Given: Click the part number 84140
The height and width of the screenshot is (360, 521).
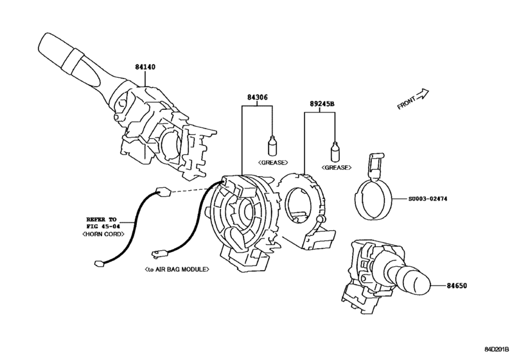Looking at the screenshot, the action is (x=145, y=67).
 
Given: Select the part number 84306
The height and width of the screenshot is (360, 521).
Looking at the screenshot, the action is (x=257, y=98).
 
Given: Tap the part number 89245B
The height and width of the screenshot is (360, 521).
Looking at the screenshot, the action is (x=322, y=104).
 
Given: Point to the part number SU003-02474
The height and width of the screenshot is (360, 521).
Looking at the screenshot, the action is (x=428, y=199).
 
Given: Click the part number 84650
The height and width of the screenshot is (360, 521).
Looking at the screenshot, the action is (x=457, y=285).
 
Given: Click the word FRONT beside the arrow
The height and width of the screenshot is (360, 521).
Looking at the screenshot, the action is (x=407, y=103).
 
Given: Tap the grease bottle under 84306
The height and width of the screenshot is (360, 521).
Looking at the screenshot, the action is (x=272, y=146).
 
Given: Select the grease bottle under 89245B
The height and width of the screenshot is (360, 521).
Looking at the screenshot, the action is (x=335, y=151).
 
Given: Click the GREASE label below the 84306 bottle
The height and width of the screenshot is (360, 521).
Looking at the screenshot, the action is (x=273, y=163).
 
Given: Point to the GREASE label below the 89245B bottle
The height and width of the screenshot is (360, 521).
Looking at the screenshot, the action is (x=336, y=168).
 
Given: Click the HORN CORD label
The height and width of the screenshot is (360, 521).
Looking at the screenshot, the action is (x=103, y=234).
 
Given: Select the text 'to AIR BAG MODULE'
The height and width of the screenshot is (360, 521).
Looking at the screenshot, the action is (x=177, y=269).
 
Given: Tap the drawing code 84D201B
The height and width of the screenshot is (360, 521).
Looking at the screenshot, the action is (x=497, y=349).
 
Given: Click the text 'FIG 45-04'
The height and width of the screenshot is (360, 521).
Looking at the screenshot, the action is (x=103, y=226).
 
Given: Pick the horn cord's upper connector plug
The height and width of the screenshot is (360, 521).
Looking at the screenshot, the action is (x=163, y=192).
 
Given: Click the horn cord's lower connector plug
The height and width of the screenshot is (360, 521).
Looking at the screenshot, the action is (x=100, y=264).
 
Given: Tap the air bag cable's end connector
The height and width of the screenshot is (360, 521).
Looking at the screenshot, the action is (x=157, y=254).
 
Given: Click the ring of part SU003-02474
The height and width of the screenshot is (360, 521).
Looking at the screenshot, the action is (x=373, y=199).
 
